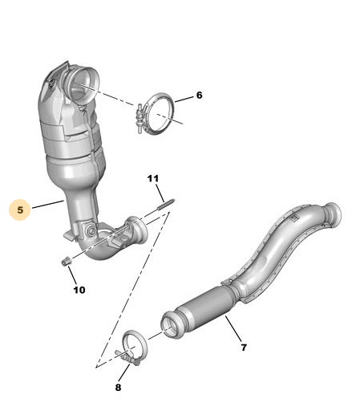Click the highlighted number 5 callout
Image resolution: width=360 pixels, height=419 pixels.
[20, 210]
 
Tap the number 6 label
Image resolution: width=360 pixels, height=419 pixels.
[200, 95]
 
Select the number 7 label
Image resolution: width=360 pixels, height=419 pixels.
[244, 348]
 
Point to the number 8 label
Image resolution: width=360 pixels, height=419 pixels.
[118, 387]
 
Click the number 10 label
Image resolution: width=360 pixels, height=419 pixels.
[79, 290]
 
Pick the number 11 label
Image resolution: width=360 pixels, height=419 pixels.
[153, 178]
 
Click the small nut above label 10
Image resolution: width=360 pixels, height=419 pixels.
[66, 261]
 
